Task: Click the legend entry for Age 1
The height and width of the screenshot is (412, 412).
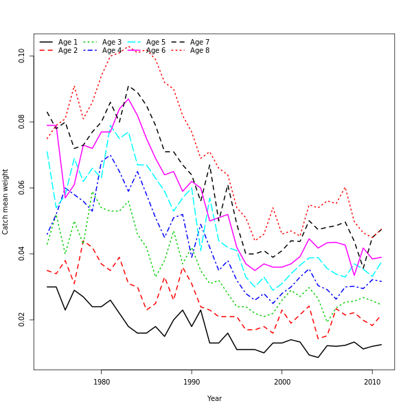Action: pyautogui.click(x=68, y=43)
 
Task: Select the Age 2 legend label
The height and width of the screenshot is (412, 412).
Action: pyautogui.click(x=68, y=51)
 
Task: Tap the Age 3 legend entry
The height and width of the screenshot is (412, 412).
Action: pyautogui.click(x=112, y=43)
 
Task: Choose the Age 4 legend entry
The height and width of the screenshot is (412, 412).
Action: pyautogui.click(x=112, y=51)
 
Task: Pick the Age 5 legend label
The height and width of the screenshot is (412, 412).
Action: pyautogui.click(x=156, y=43)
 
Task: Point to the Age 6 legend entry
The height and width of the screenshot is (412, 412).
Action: pyautogui.click(x=156, y=51)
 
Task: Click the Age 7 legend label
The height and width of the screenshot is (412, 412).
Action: pyautogui.click(x=200, y=43)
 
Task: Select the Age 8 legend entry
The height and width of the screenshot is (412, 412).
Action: pyautogui.click(x=200, y=51)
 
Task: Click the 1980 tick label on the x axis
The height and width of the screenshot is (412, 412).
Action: pyautogui.click(x=102, y=382)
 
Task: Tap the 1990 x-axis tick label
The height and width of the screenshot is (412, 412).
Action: pyautogui.click(x=192, y=382)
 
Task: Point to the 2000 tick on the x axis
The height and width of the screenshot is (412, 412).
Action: pyautogui.click(x=282, y=382)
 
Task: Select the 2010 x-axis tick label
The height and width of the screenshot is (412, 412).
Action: pyautogui.click(x=372, y=382)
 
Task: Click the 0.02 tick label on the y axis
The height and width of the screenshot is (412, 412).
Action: pyautogui.click(x=22, y=319)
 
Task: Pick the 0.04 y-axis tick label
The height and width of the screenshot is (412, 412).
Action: pyautogui.click(x=22, y=253)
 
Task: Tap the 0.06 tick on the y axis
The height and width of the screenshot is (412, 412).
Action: pyautogui.click(x=22, y=187)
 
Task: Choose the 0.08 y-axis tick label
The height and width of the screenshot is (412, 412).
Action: pyautogui.click(x=22, y=122)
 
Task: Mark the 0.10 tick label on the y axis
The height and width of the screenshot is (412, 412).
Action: pyautogui.click(x=22, y=56)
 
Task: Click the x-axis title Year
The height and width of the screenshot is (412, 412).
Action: pyautogui.click(x=214, y=398)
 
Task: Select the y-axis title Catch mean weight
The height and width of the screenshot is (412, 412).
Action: pyautogui.click(x=5, y=202)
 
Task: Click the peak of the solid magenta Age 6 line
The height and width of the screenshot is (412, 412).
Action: pyautogui.click(x=128, y=99)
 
